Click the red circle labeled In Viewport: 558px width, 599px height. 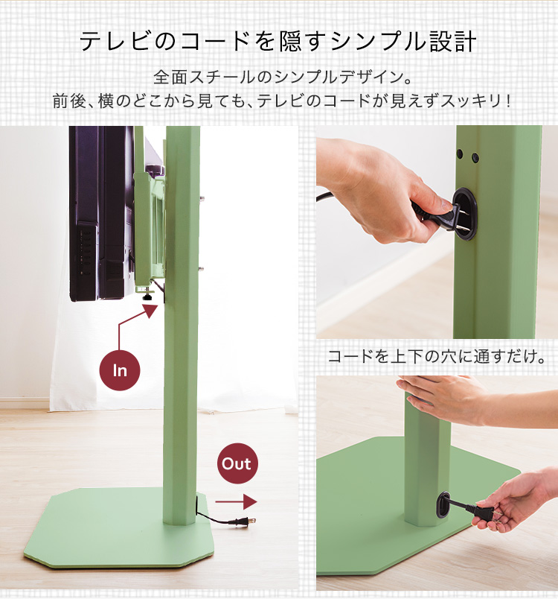tap(120, 370)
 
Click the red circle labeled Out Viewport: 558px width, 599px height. tap(237, 463)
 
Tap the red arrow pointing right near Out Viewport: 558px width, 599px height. tap(236, 501)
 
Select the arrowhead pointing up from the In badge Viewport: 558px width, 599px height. tap(150, 311)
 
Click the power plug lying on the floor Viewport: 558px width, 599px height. tap(243, 521)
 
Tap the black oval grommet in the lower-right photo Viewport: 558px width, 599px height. tap(443, 504)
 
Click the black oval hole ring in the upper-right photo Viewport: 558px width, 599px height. tap(465, 214)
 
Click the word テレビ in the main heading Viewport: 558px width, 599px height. tap(114, 41)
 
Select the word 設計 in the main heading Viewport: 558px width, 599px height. tap(453, 41)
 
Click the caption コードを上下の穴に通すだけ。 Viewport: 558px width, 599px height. tap(436, 356)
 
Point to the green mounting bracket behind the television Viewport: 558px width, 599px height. tap(149, 229)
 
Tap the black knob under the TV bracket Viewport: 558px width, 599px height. tap(148, 295)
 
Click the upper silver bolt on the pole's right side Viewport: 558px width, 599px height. tap(202, 199)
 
